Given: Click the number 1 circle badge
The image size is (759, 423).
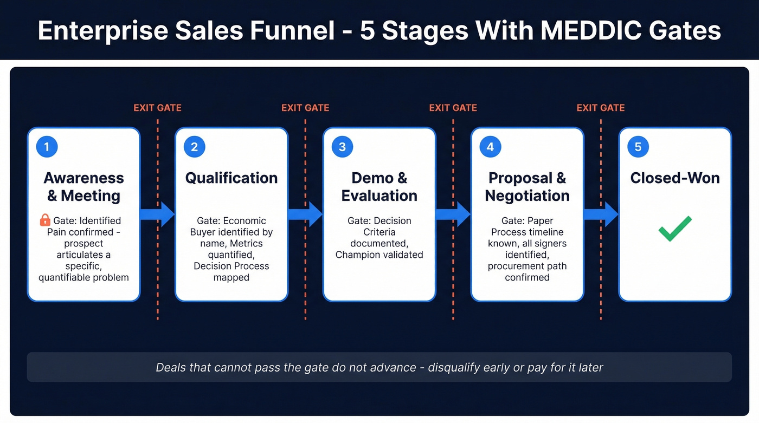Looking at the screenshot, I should [x=47, y=147].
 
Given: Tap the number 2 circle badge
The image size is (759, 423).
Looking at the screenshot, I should [x=195, y=147].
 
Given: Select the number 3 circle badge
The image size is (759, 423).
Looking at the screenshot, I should [x=342, y=147].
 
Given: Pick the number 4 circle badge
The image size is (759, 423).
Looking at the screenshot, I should [x=490, y=147].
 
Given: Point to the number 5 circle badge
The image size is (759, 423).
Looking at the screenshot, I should [x=638, y=147].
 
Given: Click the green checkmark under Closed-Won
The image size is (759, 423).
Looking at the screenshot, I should [x=675, y=229].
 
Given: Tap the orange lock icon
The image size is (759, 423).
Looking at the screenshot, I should [x=46, y=220].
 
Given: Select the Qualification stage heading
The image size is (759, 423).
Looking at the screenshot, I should [x=231, y=178].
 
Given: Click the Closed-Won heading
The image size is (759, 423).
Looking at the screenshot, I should [x=675, y=178].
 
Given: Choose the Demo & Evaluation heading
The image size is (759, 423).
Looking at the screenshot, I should [x=379, y=187].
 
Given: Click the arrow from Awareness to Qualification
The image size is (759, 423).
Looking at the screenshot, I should [x=157, y=214].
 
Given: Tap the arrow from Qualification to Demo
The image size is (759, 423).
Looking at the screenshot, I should [x=305, y=214].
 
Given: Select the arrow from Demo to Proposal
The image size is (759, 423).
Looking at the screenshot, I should [x=453, y=214].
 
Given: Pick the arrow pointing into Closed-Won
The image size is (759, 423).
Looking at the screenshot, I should [x=601, y=214].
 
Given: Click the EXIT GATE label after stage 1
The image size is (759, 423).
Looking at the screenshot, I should [x=157, y=108].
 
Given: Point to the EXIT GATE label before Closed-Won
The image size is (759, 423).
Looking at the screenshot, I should [x=601, y=108].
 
